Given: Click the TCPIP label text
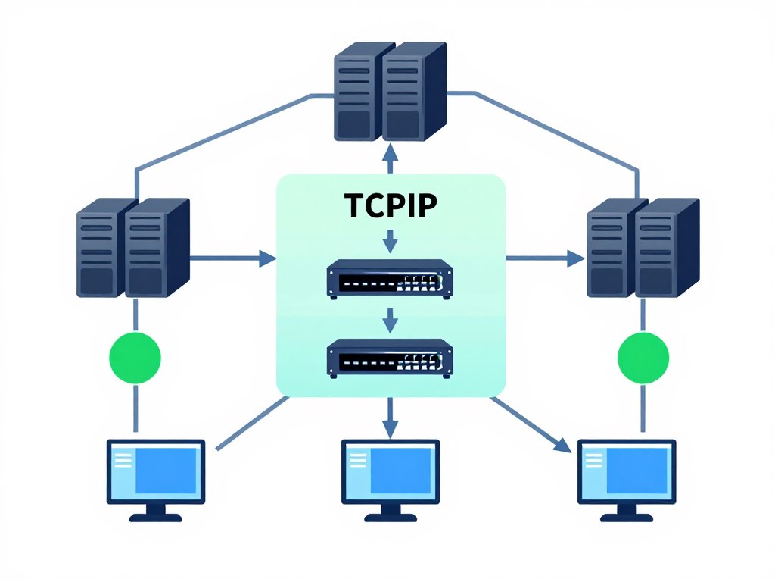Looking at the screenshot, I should [390, 206].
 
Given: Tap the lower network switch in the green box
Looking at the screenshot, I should [390, 357].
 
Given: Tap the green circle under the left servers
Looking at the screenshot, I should [135, 357].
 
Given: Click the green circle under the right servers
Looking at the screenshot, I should [643, 357].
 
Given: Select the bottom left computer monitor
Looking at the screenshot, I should [155, 471].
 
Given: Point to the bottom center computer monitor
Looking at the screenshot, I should [390, 471].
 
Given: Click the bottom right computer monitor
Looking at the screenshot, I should [627, 471].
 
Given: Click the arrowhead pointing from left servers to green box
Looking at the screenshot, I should [266, 258].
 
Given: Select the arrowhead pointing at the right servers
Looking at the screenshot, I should [575, 258].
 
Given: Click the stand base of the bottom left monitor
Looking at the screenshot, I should [155, 518].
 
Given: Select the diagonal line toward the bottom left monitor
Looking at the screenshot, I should [254, 422].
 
